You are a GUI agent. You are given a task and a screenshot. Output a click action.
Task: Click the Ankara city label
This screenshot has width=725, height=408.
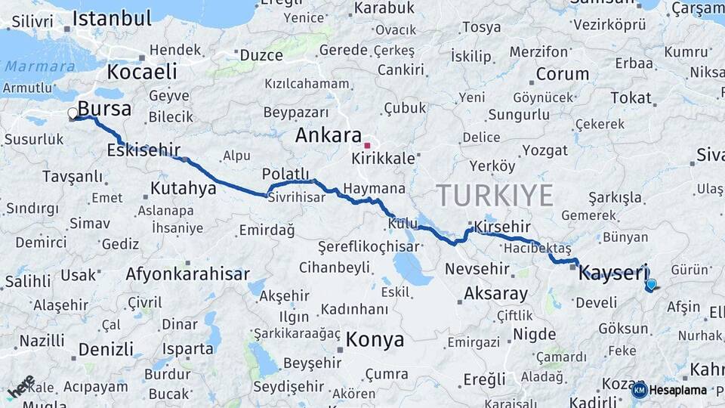point(328,136)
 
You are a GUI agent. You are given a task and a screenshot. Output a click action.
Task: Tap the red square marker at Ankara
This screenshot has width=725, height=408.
point(367,145)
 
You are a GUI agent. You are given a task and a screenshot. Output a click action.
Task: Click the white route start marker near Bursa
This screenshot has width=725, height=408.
point(73,114)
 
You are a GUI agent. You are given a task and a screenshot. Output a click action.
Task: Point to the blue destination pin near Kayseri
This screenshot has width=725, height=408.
point(651,285)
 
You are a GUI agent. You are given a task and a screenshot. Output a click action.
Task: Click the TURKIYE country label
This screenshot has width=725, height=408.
point(495,195)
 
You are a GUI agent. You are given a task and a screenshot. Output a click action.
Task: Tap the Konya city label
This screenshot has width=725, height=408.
point(375,340)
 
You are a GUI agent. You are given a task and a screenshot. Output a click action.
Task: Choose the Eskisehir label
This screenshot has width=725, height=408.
point(143,150)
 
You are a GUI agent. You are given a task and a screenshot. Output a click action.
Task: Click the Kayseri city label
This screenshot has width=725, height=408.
point(613,274)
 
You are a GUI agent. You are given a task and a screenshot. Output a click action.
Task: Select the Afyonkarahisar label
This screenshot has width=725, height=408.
point(187,274)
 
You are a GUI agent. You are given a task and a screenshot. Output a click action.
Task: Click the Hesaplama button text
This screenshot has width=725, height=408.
point(678,390)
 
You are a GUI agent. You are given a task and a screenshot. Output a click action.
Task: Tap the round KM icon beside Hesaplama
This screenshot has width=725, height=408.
point(639,390)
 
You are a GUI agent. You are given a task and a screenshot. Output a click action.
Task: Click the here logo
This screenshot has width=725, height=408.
point(21,387)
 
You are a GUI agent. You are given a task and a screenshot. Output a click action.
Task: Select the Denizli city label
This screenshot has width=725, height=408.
point(106,350)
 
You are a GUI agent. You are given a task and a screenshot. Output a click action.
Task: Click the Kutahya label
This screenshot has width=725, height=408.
point(184,188)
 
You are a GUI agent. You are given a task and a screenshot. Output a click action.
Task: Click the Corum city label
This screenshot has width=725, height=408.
point(563,74)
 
